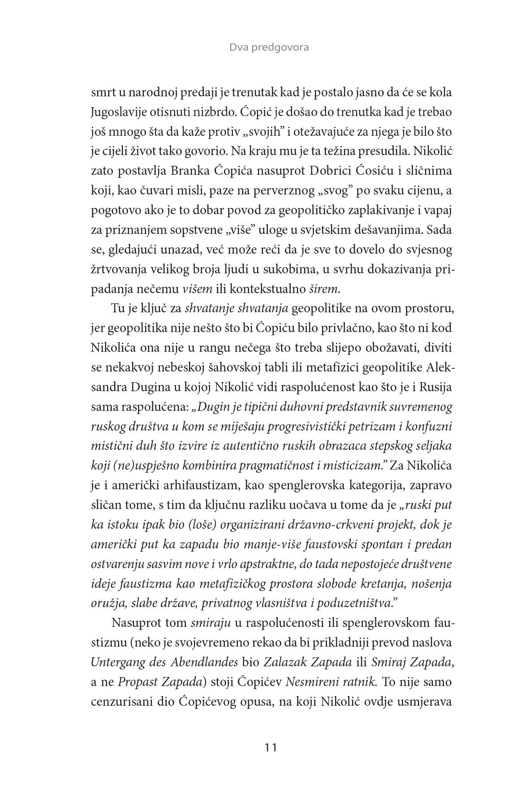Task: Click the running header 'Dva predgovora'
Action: pyautogui.click(x=269, y=47)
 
